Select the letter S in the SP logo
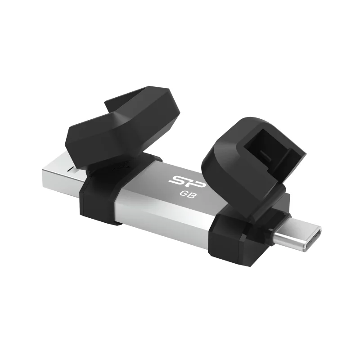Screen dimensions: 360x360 177,180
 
